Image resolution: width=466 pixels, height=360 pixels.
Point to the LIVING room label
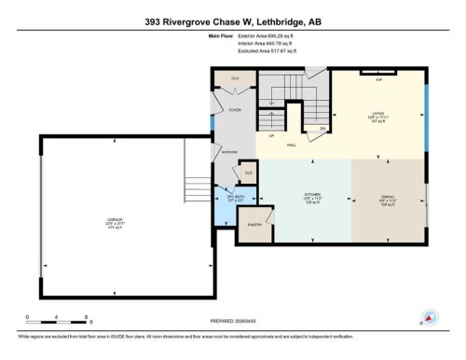(x=377, y=116)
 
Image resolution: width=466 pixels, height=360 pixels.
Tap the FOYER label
(x=235, y=110)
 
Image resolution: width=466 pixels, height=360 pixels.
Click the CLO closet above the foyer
(x=235, y=79)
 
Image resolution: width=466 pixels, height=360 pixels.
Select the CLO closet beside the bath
(x=248, y=173)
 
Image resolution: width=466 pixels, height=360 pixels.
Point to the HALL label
(x=291, y=145)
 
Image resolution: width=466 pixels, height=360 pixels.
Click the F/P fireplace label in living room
(x=378, y=78)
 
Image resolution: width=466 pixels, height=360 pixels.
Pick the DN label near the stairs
(x=322, y=128)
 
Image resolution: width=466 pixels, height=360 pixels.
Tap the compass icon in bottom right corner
(x=430, y=316)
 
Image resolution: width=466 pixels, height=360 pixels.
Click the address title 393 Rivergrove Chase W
(x=233, y=21)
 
